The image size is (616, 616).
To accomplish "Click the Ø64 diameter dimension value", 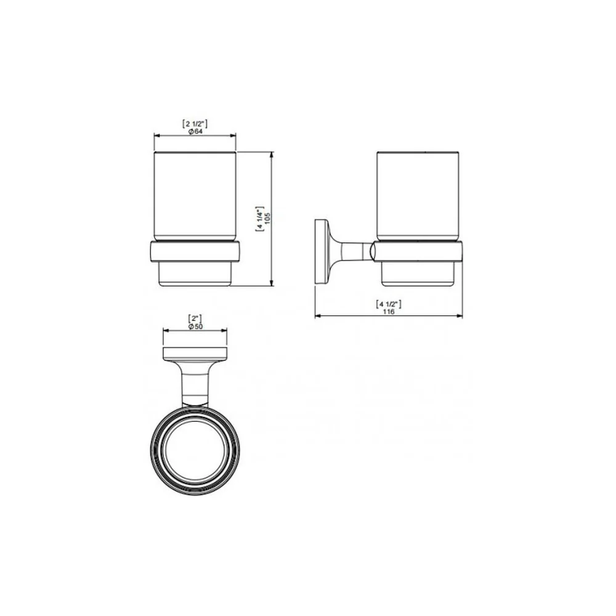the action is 195,132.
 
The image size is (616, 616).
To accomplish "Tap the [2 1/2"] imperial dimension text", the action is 195,124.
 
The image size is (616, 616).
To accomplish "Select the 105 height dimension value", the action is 267,219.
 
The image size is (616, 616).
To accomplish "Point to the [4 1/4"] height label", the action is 260,219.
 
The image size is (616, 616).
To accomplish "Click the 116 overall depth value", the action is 389,312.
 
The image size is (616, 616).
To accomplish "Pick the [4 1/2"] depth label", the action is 389,304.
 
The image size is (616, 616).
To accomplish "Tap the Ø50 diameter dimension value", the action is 195,326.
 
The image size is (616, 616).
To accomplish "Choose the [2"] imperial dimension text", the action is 195,318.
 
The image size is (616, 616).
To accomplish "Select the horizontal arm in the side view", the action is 352,252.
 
